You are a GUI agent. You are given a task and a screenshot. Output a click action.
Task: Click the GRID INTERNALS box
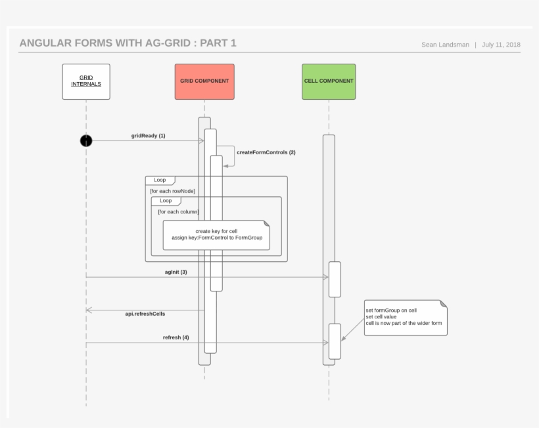click(x=86, y=81)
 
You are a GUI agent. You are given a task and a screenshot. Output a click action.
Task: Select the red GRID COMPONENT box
click(x=204, y=81)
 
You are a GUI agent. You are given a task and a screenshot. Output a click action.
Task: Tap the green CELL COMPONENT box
click(x=329, y=81)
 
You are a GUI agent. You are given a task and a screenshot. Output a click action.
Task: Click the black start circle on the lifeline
click(x=86, y=140)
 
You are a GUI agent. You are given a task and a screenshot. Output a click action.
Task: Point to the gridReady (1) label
click(x=148, y=136)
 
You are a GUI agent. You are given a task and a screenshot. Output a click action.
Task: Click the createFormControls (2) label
click(x=266, y=152)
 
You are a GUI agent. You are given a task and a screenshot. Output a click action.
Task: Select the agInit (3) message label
click(x=176, y=272)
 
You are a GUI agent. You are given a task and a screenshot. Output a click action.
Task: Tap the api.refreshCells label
click(x=145, y=314)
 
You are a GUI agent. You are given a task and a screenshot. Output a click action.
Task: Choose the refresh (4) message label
click(x=176, y=337)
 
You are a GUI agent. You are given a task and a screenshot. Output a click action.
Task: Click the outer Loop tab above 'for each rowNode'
click(x=160, y=180)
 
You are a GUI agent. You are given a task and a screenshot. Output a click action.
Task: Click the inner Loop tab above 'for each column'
click(x=166, y=201)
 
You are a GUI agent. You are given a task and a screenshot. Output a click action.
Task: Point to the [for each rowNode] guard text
click(x=172, y=191)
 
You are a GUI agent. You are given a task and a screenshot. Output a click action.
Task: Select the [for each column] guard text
click(x=178, y=211)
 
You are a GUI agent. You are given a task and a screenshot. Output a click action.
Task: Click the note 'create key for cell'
click(x=216, y=234)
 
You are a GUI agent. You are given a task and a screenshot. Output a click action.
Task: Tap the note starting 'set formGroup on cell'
click(x=405, y=318)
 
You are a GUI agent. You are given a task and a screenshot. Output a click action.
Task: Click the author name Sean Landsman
click(x=445, y=45)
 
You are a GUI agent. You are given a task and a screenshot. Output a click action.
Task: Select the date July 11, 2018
click(x=501, y=45)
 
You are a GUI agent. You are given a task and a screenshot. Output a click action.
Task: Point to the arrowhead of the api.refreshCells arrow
click(x=89, y=310)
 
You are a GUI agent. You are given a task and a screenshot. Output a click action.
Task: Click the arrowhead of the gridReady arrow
click(x=201, y=140)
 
